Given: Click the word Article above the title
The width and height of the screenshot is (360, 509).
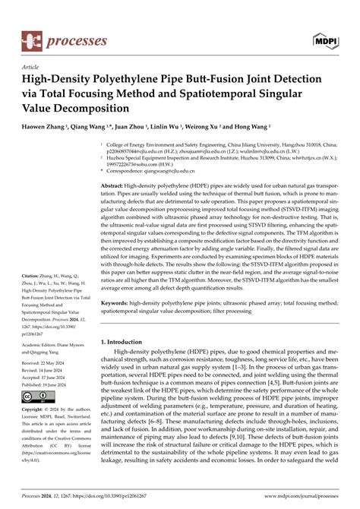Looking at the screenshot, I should tap(32, 68).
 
